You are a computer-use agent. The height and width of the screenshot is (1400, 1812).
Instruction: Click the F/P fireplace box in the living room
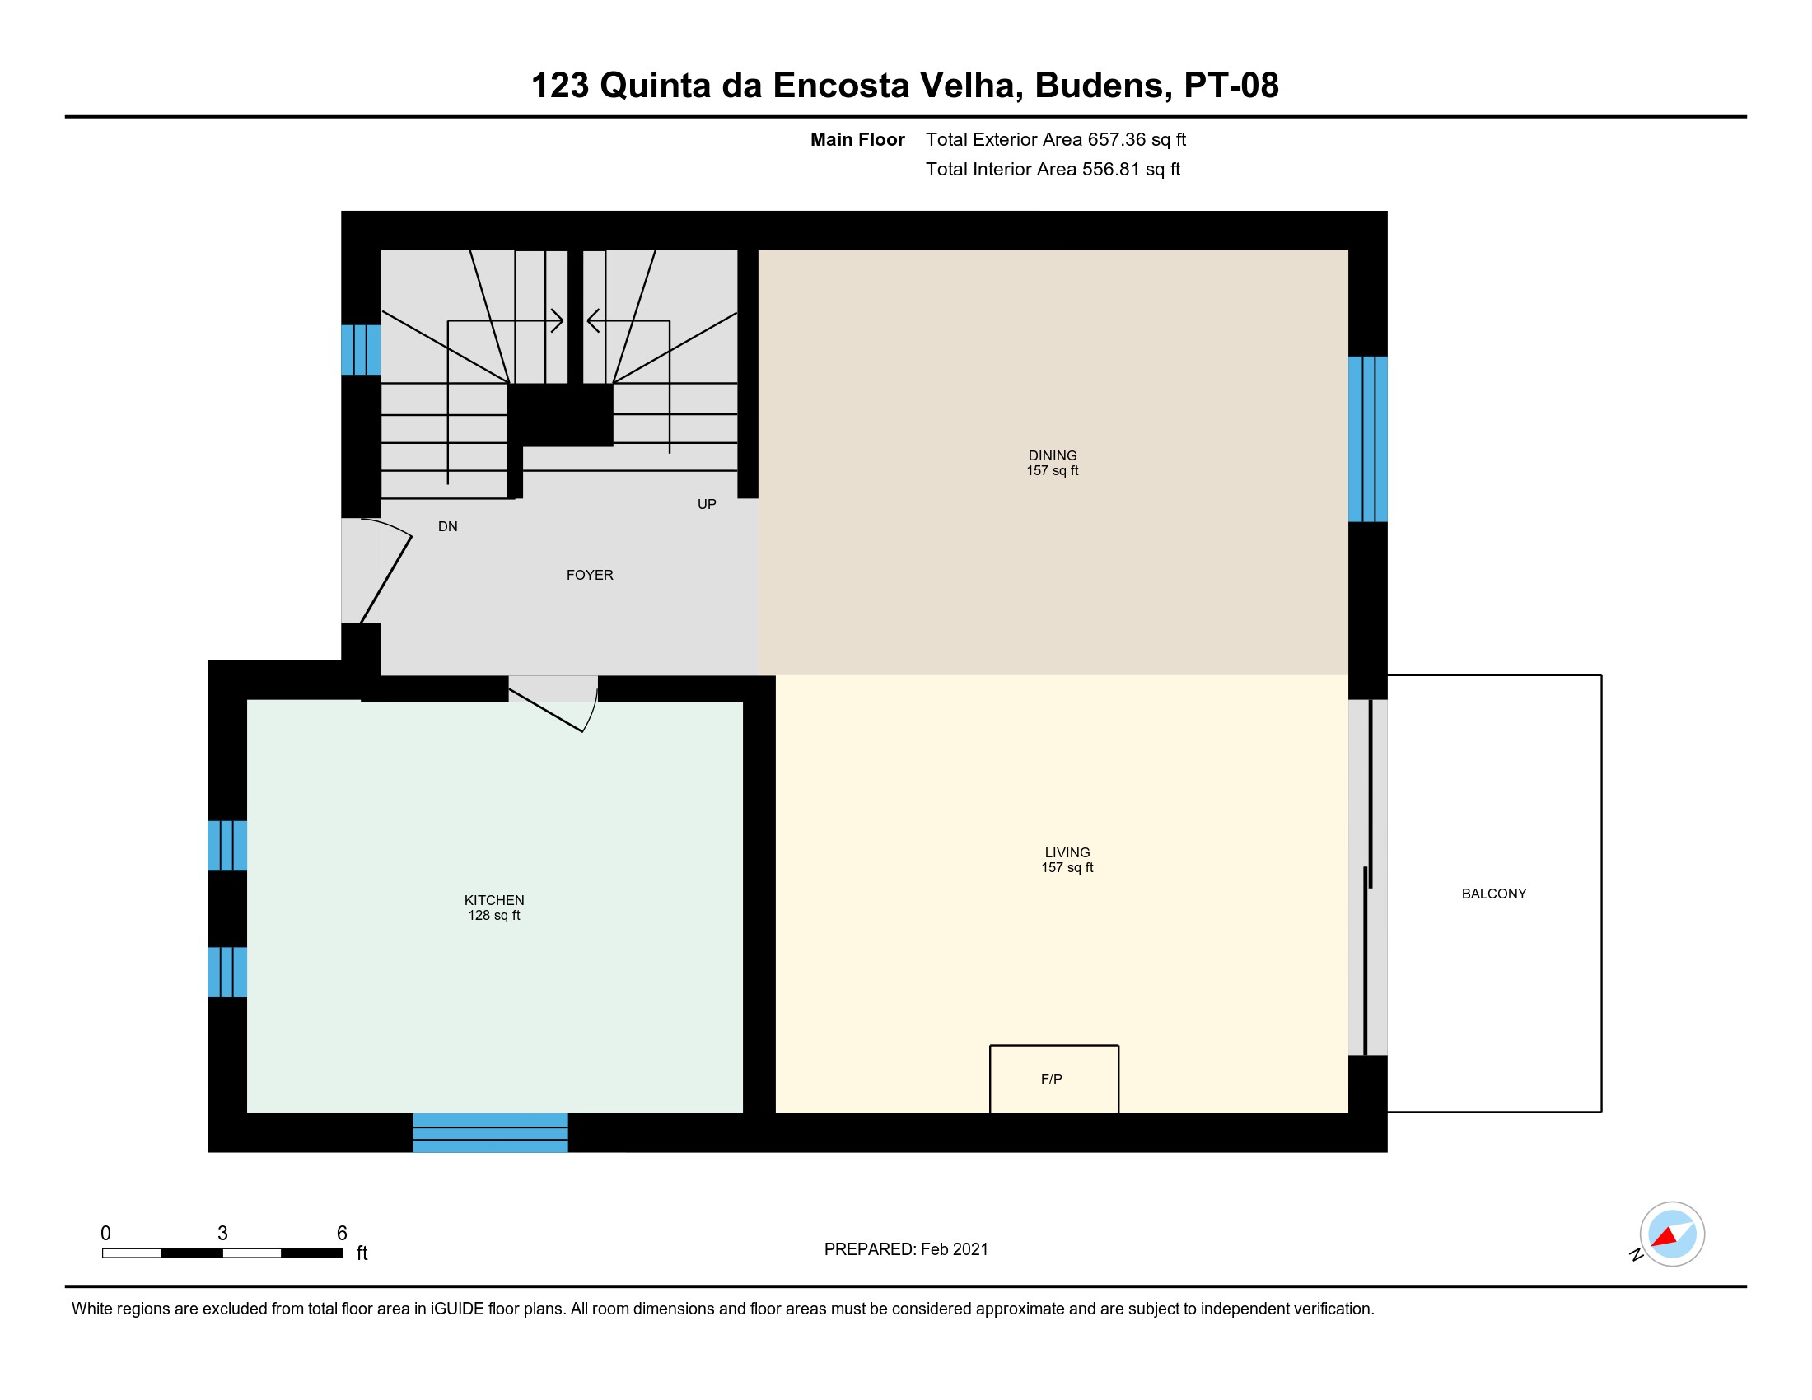1053,1079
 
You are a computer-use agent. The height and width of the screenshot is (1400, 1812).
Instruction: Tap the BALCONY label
1493,894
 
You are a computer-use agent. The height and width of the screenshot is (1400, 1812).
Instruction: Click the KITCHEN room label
493,900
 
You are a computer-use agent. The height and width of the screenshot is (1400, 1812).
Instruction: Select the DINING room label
1052,455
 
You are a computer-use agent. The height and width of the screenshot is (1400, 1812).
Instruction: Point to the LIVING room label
1067,852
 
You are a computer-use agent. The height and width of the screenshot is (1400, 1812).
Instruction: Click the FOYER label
590,575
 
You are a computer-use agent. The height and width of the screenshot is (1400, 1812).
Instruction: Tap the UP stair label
707,504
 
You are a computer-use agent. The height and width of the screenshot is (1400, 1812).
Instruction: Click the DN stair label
448,527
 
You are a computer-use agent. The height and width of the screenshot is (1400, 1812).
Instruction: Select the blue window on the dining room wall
1367,439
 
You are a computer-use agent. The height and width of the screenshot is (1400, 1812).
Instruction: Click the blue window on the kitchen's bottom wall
490,1132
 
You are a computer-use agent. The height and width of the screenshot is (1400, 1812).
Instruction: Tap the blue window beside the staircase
361,350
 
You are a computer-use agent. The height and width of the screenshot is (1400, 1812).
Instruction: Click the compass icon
1672,1234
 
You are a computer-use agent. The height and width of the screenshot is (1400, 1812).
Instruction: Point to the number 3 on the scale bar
222,1233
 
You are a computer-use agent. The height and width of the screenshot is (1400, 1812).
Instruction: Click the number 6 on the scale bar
342,1233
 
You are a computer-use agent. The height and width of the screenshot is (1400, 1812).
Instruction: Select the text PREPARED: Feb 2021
906,1249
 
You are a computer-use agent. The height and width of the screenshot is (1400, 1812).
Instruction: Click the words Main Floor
857,139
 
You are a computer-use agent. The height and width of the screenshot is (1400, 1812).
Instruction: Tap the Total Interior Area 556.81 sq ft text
1053,169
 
